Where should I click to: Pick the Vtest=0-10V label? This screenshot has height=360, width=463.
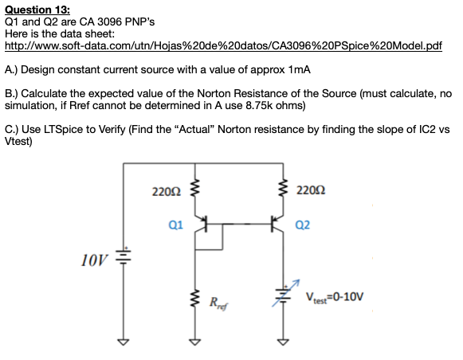click(334, 297)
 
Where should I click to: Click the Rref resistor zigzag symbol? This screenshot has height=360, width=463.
click(194, 301)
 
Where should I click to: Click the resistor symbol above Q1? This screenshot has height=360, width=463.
click(194, 190)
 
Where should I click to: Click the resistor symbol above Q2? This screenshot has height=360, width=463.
click(282, 190)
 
